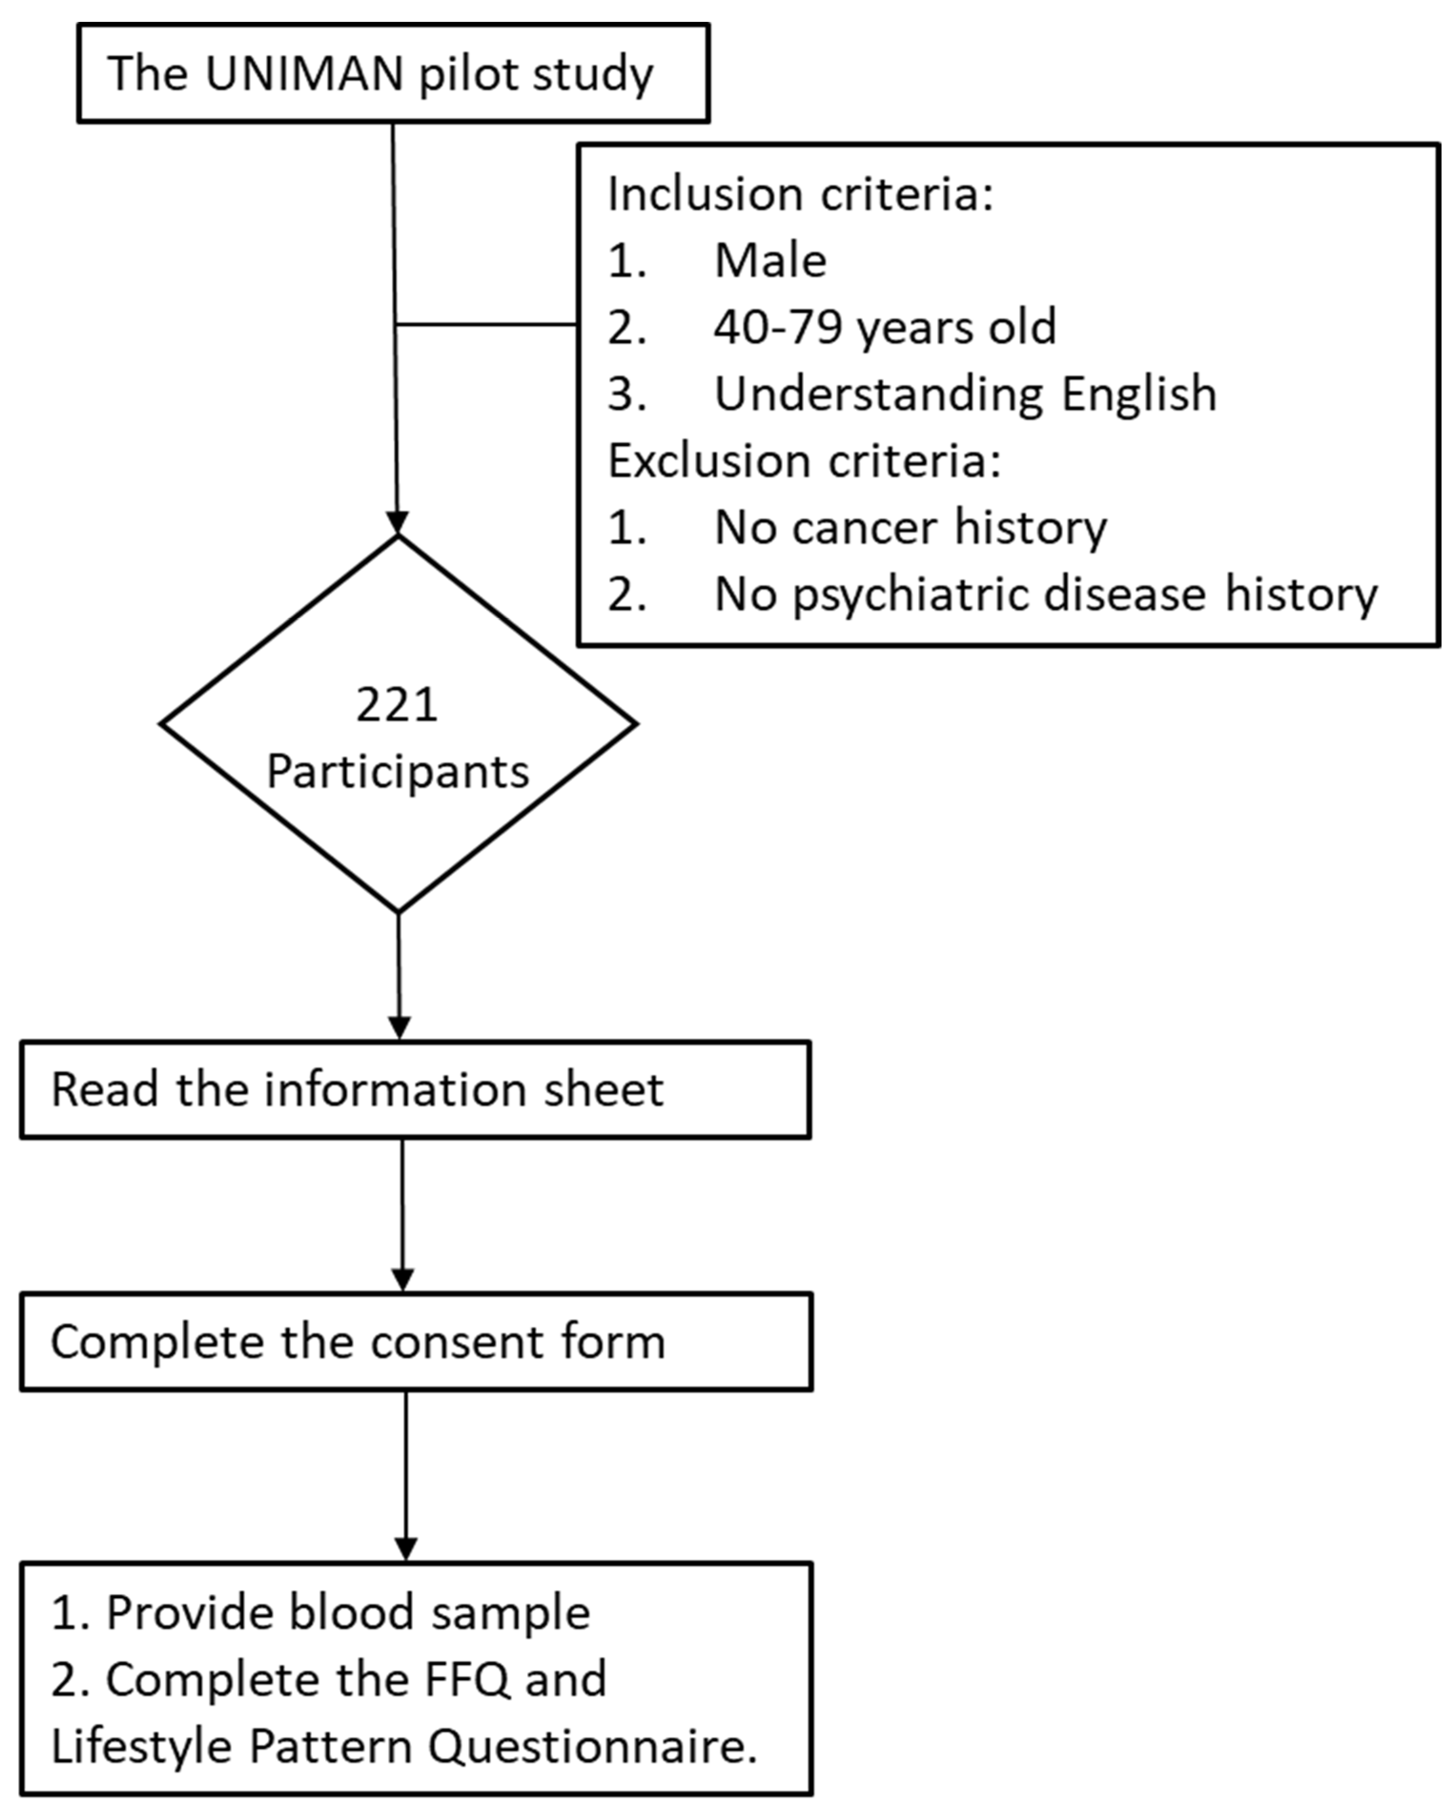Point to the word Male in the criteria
[x=770, y=261]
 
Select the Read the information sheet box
[x=415, y=1090]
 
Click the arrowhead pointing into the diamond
[x=396, y=523]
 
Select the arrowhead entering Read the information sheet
[x=399, y=1028]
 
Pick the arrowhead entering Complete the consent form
[x=403, y=1279]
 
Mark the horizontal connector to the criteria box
[x=486, y=324]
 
